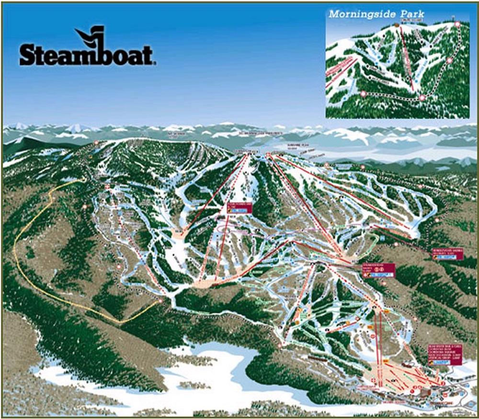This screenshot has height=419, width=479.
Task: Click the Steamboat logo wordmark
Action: click(86, 55)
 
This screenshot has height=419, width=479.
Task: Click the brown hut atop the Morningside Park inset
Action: click(397, 24)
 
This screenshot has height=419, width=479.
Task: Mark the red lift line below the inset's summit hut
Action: click(408, 57)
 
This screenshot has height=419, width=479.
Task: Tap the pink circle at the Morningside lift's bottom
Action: click(422, 98)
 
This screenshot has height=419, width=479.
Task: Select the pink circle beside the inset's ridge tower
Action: click(457, 24)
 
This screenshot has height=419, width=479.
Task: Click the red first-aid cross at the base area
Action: click(374, 378)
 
